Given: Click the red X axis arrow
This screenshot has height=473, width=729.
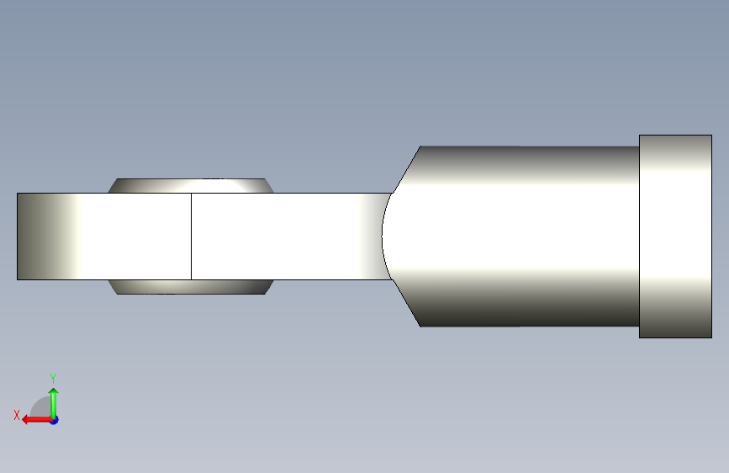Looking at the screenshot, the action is click(x=37, y=420).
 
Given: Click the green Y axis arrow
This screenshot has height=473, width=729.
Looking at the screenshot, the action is click(x=54, y=403).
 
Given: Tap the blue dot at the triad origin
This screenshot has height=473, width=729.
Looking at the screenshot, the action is click(x=55, y=420).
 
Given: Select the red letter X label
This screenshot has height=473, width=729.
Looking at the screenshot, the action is click(x=17, y=415).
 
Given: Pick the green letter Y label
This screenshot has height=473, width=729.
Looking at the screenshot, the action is click(x=53, y=379).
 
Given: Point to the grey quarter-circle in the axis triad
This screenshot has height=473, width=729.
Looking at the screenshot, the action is click(x=41, y=408).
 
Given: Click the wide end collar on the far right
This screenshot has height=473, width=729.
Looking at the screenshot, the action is click(x=675, y=236).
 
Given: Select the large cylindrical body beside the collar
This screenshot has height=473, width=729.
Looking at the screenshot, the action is click(x=516, y=236).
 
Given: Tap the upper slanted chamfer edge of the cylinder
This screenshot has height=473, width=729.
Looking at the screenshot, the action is click(x=407, y=169).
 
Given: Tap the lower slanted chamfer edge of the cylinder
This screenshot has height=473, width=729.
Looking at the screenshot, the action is click(x=407, y=303).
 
